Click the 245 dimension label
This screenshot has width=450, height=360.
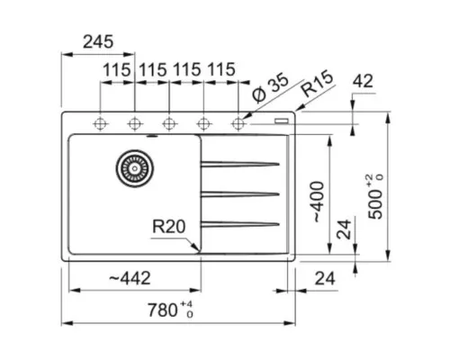pyautogui.click(x=98, y=41)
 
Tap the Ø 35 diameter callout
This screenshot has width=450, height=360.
pyautogui.click(x=271, y=86)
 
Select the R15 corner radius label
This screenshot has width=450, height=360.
pyautogui.click(x=318, y=84)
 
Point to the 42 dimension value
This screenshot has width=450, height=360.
pyautogui.click(x=363, y=81)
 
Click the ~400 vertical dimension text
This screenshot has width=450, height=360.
pyautogui.click(x=318, y=202)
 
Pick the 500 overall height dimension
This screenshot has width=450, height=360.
pyautogui.click(x=375, y=196)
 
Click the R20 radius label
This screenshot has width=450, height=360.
pyautogui.click(x=168, y=227)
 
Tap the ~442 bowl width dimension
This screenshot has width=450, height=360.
pyautogui.click(x=130, y=278)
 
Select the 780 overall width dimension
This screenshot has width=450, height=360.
pyautogui.click(x=170, y=310)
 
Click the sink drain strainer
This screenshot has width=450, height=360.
pyautogui.click(x=135, y=168)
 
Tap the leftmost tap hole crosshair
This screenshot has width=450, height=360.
pyautogui.click(x=100, y=123)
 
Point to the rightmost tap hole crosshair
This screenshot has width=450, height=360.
pyautogui.click(x=238, y=123)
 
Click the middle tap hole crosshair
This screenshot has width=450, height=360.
pyautogui.click(x=169, y=123)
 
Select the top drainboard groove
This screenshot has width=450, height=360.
pyautogui.click(x=240, y=164)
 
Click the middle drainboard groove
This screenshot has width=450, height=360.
pyautogui.click(x=240, y=194)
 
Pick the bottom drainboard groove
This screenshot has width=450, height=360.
pyautogui.click(x=240, y=224)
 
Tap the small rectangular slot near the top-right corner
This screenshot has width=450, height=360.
pyautogui.click(x=282, y=121)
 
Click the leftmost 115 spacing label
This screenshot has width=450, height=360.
pyautogui.click(x=117, y=70)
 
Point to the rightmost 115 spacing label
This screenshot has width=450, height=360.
pyautogui.click(x=221, y=69)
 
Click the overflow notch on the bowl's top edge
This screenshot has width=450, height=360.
pyautogui.click(x=152, y=136)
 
